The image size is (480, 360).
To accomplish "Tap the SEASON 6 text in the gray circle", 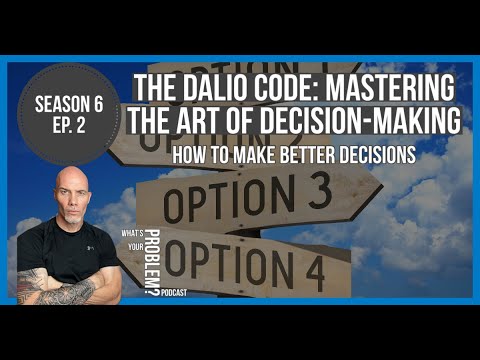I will point(69,102).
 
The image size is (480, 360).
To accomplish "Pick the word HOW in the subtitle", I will point(188,155).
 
